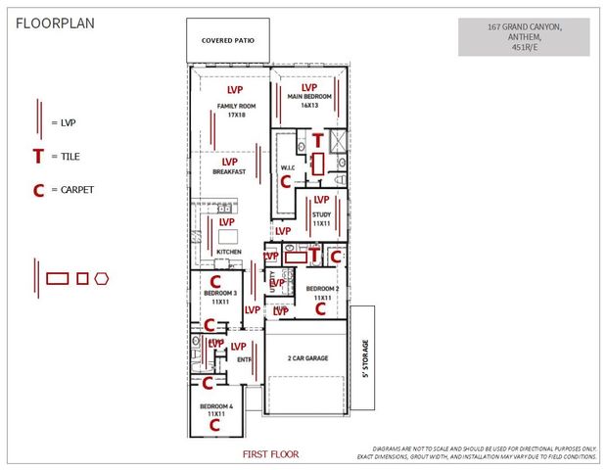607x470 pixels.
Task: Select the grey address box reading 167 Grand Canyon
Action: pyautogui.click(x=524, y=36)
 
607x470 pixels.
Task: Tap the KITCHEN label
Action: pyautogui.click(x=228, y=252)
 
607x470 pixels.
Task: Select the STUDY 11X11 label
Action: pyautogui.click(x=321, y=218)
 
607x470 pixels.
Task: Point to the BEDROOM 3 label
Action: pyautogui.click(x=220, y=297)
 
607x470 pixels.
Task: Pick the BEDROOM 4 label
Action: pyautogui.click(x=217, y=409)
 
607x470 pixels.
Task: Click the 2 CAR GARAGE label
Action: pyautogui.click(x=306, y=358)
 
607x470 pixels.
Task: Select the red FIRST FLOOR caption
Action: pyautogui.click(x=271, y=454)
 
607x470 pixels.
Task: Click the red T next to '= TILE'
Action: pyautogui.click(x=37, y=155)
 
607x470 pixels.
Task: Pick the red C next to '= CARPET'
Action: pyautogui.click(x=38, y=190)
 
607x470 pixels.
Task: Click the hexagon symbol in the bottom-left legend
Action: pyautogui.click(x=101, y=278)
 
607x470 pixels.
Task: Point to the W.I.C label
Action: pyautogui.click(x=288, y=167)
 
